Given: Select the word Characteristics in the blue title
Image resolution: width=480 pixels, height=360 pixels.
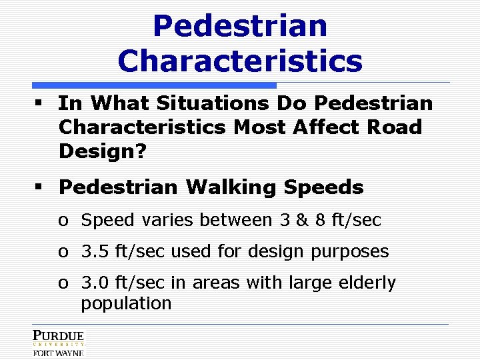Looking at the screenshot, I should (240, 61).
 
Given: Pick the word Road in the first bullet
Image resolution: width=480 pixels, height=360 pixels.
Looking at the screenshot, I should (398, 127).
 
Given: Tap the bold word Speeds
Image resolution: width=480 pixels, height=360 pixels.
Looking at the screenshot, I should (323, 187).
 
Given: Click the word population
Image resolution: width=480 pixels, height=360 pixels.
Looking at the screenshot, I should (126, 303).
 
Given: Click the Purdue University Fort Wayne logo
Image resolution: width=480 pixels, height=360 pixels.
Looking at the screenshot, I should (58, 342).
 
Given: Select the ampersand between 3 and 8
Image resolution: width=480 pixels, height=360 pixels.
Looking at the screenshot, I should (301, 220).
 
